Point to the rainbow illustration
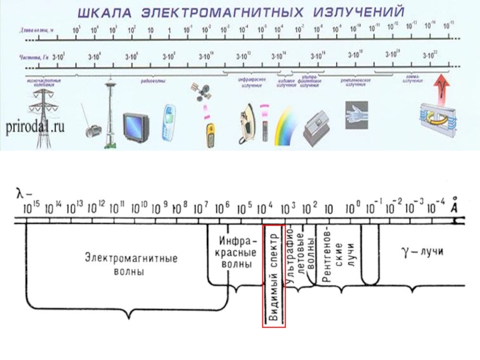[x=286, y=127]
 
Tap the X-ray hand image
[x=358, y=110]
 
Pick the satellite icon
[x=203, y=92]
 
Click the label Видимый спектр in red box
[x=274, y=277]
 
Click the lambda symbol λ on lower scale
[x=21, y=193]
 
